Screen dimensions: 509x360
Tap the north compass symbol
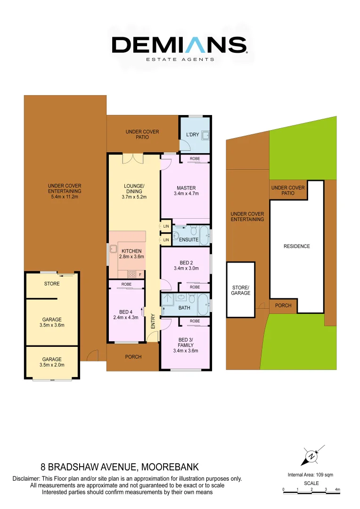311,456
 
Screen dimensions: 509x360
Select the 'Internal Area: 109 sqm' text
311,475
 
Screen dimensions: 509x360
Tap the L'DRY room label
193,135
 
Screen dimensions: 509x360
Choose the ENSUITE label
188,240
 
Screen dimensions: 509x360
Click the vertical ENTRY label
153,321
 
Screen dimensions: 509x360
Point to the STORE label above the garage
52,284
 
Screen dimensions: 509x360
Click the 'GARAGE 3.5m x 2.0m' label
52,362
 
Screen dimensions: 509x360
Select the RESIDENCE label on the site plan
297,246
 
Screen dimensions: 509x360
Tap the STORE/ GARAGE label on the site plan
241,290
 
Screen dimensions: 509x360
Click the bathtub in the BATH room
203,304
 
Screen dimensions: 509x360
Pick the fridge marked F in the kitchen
140,274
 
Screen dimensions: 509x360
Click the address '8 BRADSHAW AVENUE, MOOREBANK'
120,468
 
